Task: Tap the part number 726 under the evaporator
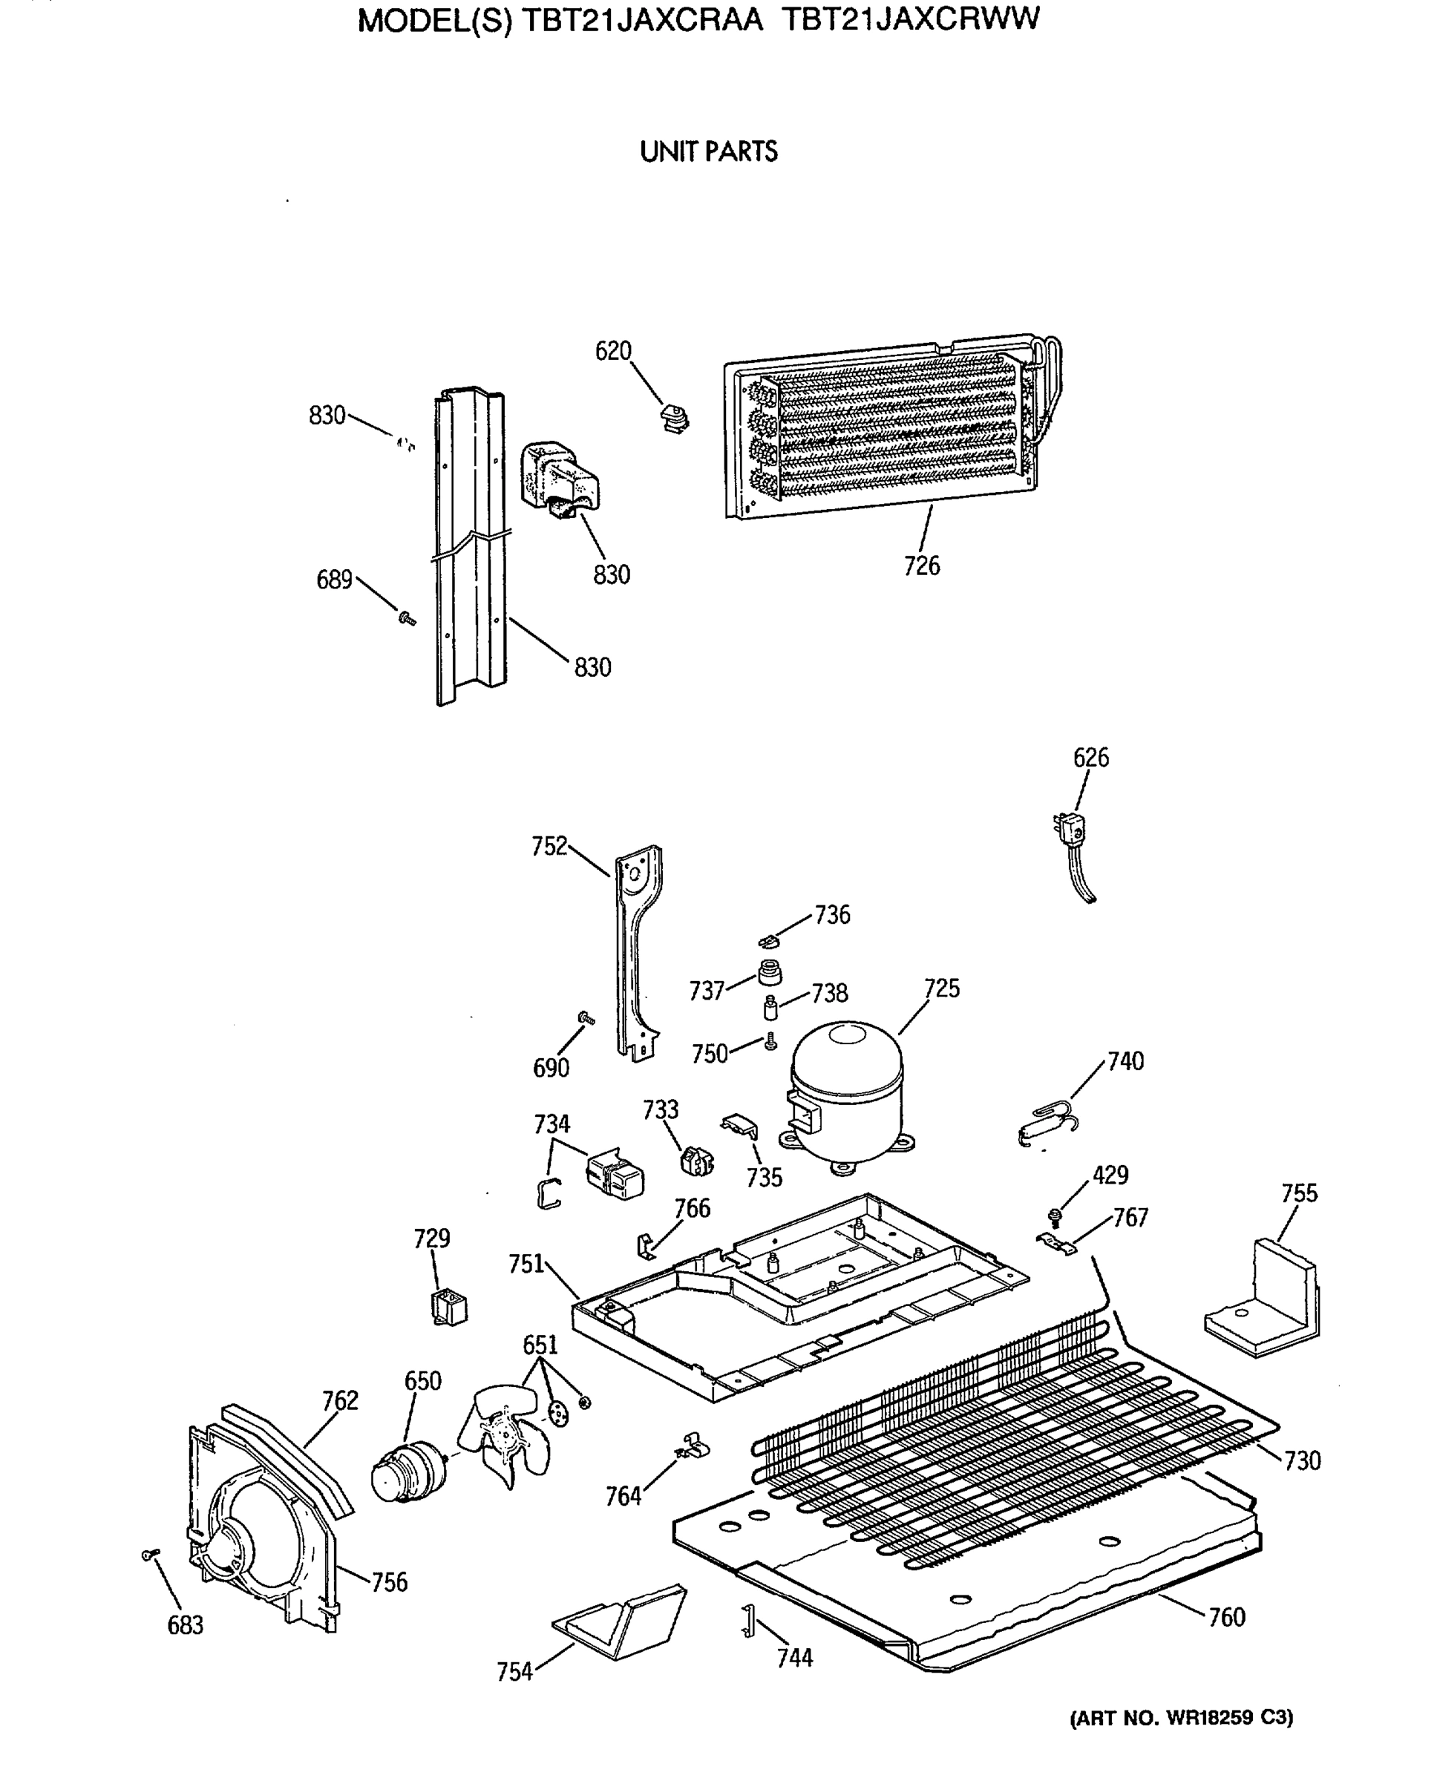coord(921,566)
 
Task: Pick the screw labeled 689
coord(407,617)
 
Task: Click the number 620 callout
coord(613,351)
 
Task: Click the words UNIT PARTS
coord(709,152)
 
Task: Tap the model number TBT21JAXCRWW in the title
coord(910,19)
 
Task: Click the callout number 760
coord(1227,1616)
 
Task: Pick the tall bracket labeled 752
coord(639,952)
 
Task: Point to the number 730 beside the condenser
coord(1302,1460)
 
